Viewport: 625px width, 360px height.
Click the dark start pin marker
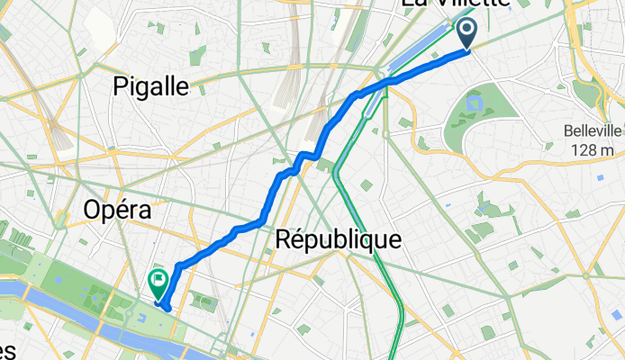pos(468,33)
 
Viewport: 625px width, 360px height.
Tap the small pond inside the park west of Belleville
pos(470,106)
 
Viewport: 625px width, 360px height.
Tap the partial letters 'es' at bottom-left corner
pos(9,351)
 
